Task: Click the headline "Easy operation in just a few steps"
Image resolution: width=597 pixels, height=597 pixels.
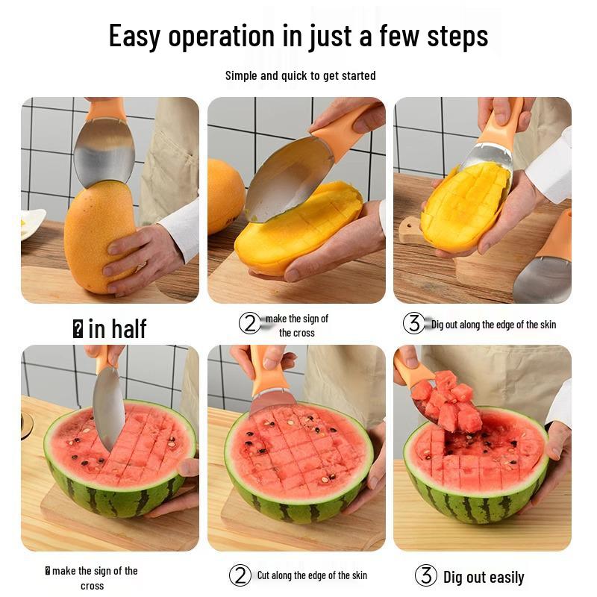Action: click(x=298, y=36)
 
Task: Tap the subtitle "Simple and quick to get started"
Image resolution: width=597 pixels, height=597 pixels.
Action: click(x=300, y=75)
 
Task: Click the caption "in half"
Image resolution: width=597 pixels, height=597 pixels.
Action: click(x=116, y=328)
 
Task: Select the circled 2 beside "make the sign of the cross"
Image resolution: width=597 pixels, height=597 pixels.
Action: click(x=250, y=323)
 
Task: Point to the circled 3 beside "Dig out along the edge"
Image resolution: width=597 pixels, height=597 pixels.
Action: click(x=413, y=323)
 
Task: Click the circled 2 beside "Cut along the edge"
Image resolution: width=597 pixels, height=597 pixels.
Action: click(x=240, y=575)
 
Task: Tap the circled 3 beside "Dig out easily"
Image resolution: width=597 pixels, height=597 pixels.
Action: click(x=425, y=575)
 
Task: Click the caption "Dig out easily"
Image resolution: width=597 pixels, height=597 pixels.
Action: click(x=484, y=577)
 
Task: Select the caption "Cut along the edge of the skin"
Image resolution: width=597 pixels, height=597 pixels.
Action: click(x=312, y=575)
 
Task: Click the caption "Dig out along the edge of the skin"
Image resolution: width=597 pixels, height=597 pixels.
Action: click(x=493, y=325)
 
